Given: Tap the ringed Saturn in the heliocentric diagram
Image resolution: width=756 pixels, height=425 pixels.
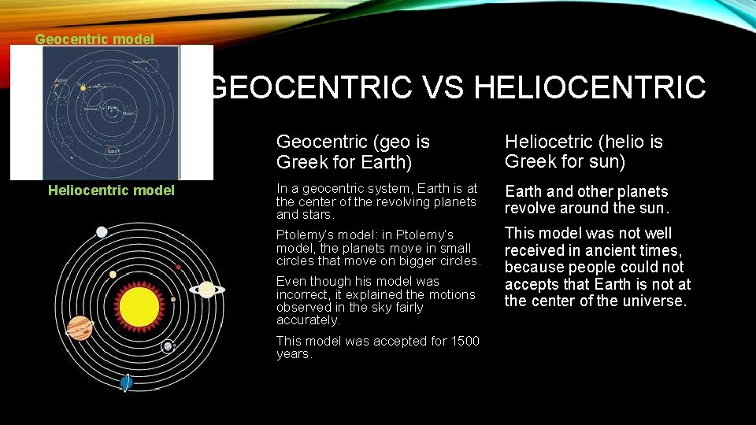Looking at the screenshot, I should tap(207, 290).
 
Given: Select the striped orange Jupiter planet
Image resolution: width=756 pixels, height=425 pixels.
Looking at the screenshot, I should tap(80, 327).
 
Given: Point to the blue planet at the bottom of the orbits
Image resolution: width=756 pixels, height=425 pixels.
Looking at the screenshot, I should tap(126, 382).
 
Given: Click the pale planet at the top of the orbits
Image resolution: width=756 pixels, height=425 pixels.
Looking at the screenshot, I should tap(102, 231).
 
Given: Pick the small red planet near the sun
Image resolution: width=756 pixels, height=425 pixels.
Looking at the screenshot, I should tap(179, 268).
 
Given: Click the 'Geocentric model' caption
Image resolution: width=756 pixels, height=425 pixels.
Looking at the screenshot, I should tap(94, 38).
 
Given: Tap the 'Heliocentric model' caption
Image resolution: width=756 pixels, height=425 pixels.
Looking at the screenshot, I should tap(111, 190).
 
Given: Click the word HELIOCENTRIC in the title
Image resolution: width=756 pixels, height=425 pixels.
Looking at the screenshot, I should tap(591, 87).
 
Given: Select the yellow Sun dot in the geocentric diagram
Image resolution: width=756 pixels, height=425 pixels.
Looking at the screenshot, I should tap(83, 88).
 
